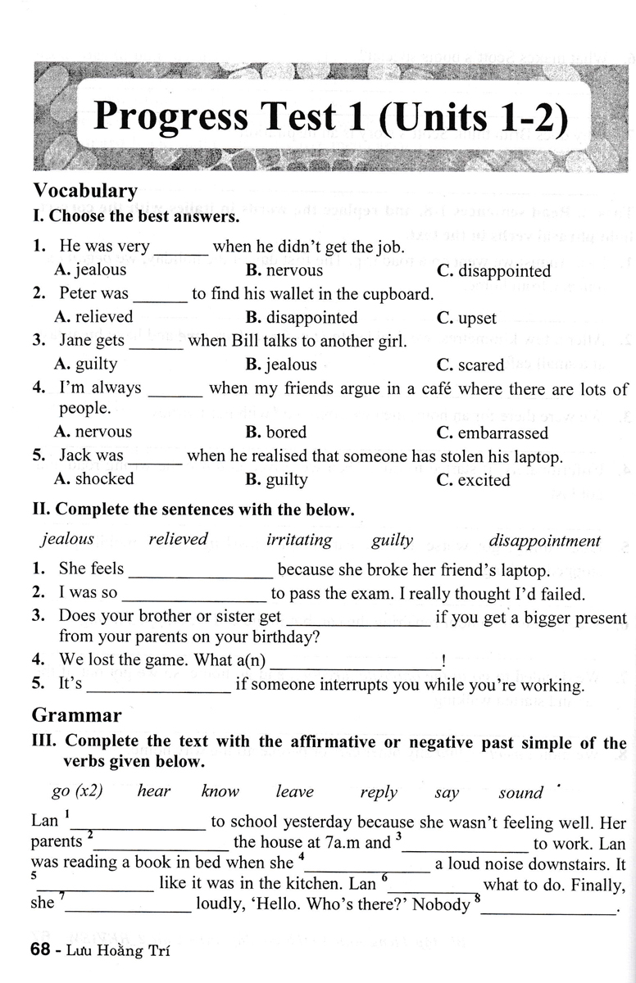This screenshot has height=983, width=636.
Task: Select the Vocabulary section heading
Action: click(x=85, y=190)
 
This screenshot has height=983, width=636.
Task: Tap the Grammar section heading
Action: click(x=77, y=715)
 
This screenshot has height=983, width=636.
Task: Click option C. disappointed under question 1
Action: click(x=493, y=270)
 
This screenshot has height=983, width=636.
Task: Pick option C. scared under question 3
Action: click(x=470, y=365)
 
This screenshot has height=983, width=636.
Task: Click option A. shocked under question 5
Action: click(x=93, y=478)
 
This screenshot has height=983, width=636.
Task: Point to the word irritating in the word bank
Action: click(x=299, y=540)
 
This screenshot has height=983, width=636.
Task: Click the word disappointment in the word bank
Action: click(x=544, y=541)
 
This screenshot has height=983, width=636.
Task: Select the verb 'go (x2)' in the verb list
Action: click(x=77, y=791)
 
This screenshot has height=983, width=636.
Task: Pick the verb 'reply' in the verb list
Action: click(x=379, y=792)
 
